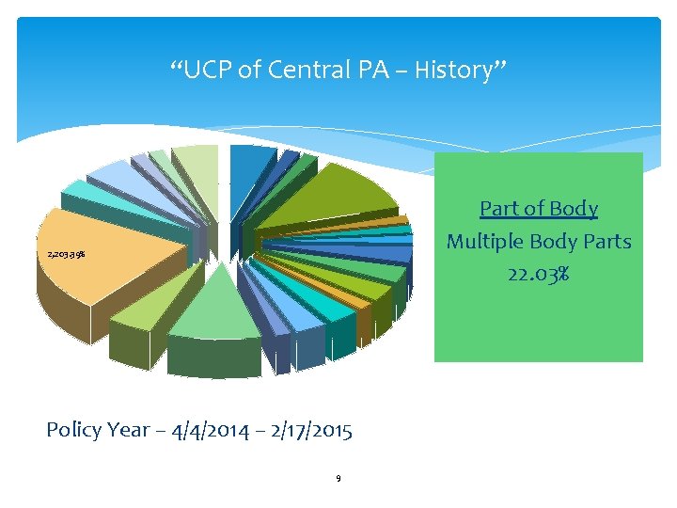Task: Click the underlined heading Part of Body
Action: [538, 208]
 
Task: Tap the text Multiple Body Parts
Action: [538, 242]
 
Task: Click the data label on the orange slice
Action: [67, 255]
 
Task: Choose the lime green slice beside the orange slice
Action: [141, 310]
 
